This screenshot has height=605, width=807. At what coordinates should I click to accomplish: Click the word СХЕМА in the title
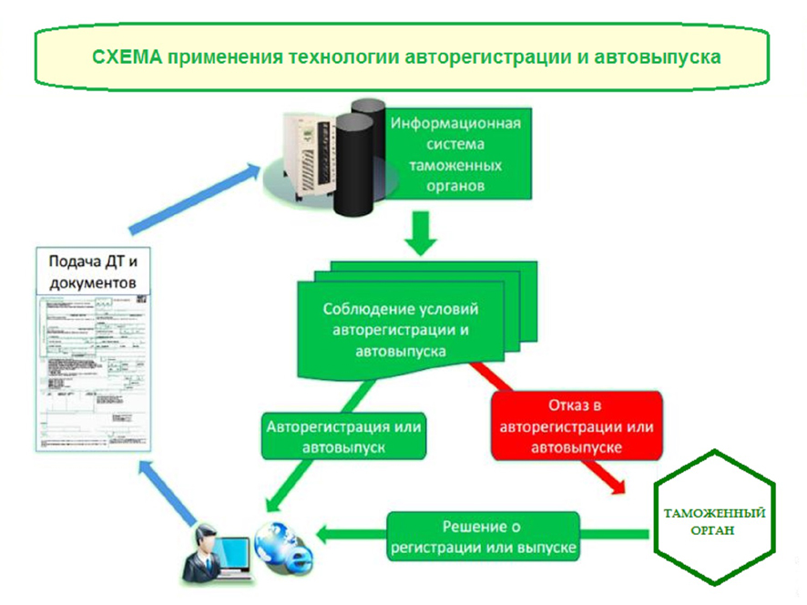(x=125, y=56)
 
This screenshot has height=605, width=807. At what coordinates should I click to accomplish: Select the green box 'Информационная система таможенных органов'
(x=455, y=154)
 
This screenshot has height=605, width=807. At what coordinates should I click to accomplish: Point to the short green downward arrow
(x=420, y=233)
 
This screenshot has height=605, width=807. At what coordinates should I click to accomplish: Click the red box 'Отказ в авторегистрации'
(x=576, y=426)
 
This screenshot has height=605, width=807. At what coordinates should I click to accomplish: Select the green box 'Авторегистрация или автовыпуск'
(x=345, y=436)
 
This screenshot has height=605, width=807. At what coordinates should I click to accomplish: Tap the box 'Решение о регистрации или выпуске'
(x=483, y=538)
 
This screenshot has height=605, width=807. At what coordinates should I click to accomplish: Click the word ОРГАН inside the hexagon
(x=714, y=529)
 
